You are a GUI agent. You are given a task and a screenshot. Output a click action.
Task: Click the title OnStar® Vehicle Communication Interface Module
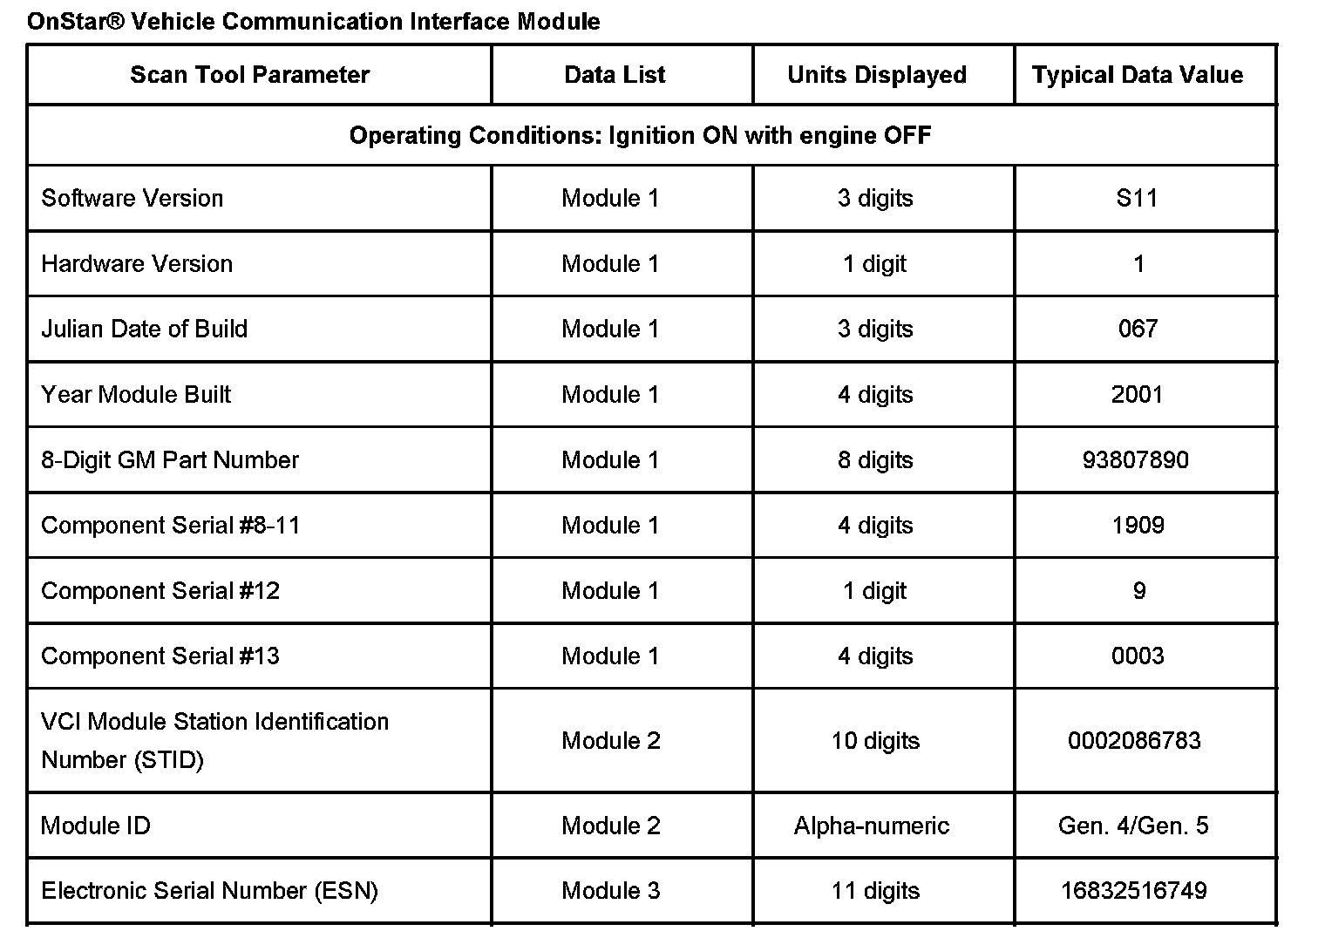(313, 21)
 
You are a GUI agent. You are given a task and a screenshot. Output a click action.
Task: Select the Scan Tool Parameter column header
(249, 75)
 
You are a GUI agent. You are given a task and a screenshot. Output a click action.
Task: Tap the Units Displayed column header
(876, 75)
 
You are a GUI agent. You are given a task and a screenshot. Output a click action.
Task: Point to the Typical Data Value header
(1137, 75)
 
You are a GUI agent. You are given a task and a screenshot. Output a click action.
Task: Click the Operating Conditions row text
(640, 136)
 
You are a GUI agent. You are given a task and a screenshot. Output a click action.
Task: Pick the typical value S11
(1137, 199)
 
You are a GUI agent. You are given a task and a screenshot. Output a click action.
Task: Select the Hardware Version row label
(137, 264)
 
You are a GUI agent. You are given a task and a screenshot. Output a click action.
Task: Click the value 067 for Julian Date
(1138, 329)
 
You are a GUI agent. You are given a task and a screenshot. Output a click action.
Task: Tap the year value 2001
(1137, 395)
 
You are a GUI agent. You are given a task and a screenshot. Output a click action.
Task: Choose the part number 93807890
(1135, 460)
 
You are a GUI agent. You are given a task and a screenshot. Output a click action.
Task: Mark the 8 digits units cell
(875, 460)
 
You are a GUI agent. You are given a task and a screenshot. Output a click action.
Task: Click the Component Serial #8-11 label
(170, 526)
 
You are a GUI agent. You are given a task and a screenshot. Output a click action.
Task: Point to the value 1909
(1138, 526)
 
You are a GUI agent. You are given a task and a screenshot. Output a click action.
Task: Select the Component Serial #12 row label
(160, 591)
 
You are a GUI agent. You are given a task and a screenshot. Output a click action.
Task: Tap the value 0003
(1138, 656)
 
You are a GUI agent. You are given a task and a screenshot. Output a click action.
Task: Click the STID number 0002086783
(1134, 741)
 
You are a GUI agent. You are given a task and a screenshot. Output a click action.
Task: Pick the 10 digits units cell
(875, 741)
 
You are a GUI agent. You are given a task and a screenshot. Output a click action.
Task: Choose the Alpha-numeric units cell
(871, 826)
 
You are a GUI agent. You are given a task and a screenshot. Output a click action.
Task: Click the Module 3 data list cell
(611, 891)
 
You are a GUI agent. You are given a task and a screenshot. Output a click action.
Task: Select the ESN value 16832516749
(1133, 891)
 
